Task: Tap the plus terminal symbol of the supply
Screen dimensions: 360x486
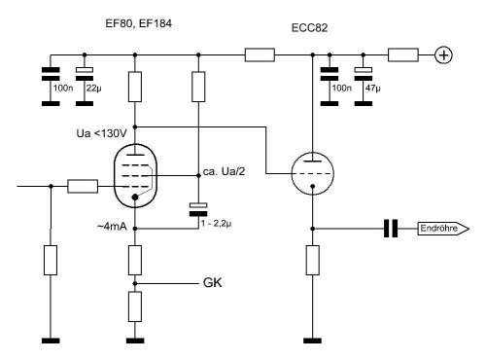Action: [x=443, y=55]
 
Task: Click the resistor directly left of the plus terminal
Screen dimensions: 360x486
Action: [x=400, y=55]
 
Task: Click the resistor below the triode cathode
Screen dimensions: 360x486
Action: [x=312, y=261]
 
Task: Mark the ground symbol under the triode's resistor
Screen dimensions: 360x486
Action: [x=312, y=341]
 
